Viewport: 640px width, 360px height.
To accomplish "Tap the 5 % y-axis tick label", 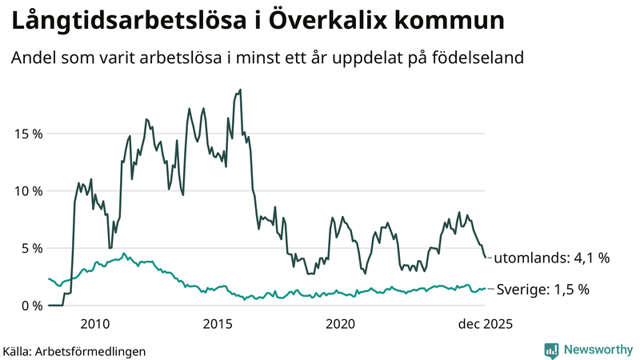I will pyautogui.click(x=30, y=248).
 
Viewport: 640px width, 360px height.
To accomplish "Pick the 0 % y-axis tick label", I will pyautogui.click(x=30, y=306).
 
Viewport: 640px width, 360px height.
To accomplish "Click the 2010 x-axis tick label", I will pyautogui.click(x=95, y=324).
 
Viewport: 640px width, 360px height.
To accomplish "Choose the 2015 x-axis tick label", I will pyautogui.click(x=218, y=324).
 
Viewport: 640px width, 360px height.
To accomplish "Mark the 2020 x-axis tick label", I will pyautogui.click(x=341, y=324).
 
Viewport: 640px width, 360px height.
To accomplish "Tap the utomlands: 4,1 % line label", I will pyautogui.click(x=552, y=258).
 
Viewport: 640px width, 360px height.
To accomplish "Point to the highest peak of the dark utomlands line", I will pyautogui.click(x=241, y=90).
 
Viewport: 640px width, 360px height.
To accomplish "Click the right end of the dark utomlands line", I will pyautogui.click(x=486, y=258).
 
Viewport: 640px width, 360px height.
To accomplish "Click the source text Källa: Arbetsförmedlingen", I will pyautogui.click(x=74, y=350).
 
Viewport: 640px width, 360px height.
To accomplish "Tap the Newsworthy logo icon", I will pyautogui.click(x=551, y=350).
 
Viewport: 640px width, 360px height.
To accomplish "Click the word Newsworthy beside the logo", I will pyautogui.click(x=598, y=350).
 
